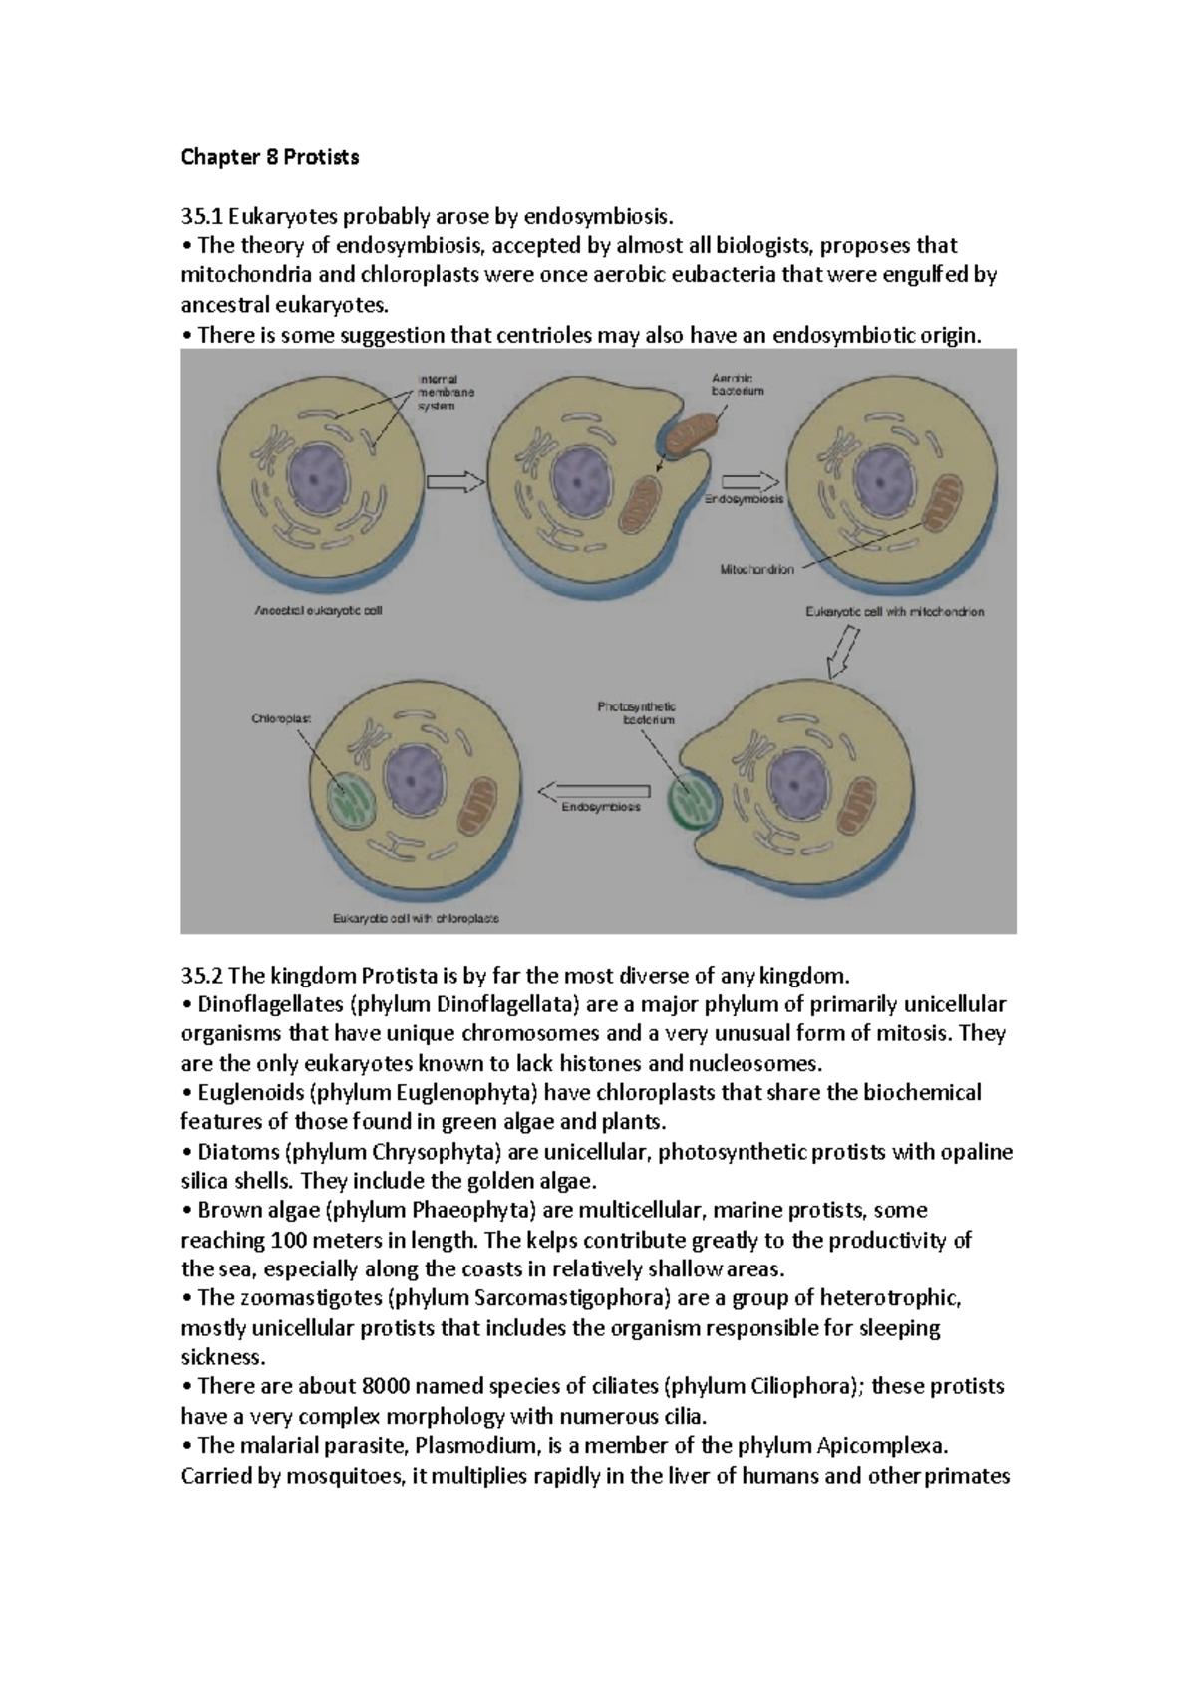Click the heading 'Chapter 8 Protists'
coord(269,157)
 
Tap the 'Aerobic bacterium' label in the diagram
coord(737,385)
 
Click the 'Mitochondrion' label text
coord(756,570)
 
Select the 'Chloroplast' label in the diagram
coord(282,716)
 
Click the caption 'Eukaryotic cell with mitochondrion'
coord(894,612)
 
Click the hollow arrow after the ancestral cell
coord(454,483)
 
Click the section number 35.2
coord(202,974)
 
